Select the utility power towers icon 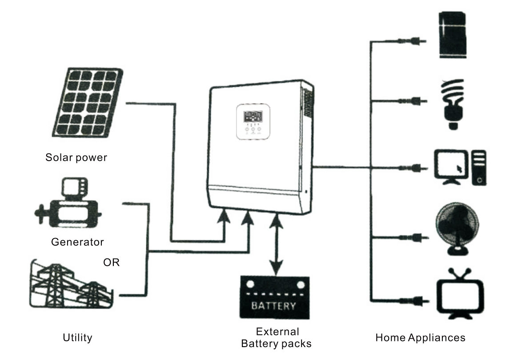pyautogui.click(x=71, y=285)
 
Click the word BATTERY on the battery pyautogui.click(x=273, y=306)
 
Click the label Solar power pyautogui.click(x=76, y=158)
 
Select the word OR pyautogui.click(x=111, y=263)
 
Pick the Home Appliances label pyautogui.click(x=420, y=337)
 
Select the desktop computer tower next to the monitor pyautogui.click(x=479, y=168)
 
